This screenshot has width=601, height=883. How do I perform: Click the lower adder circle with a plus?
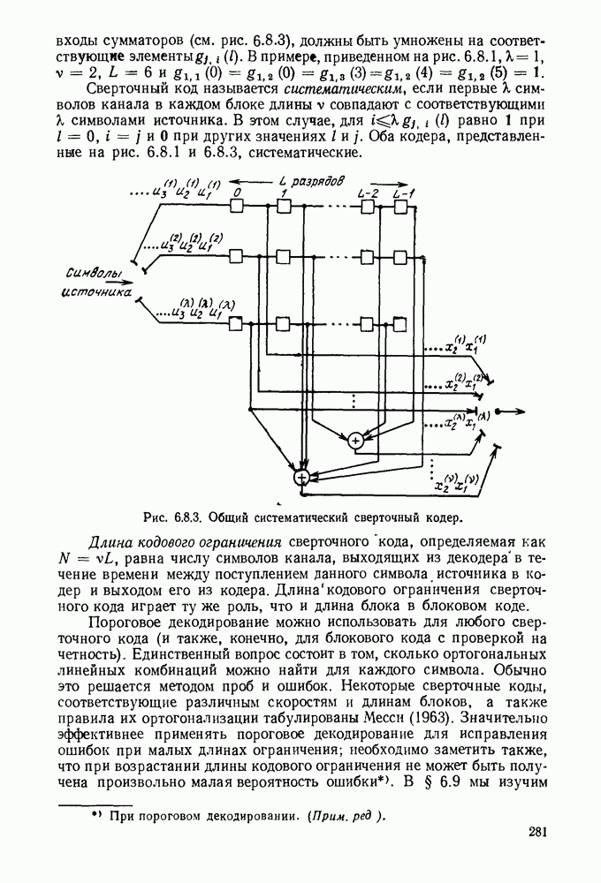point(302,477)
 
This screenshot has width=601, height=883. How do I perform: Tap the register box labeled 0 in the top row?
point(236,205)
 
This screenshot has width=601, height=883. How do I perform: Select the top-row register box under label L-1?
point(401,205)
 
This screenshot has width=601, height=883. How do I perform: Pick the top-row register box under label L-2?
point(355,205)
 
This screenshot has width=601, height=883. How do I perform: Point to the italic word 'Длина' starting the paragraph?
point(110,540)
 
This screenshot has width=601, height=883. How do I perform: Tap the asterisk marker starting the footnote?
point(97,815)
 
